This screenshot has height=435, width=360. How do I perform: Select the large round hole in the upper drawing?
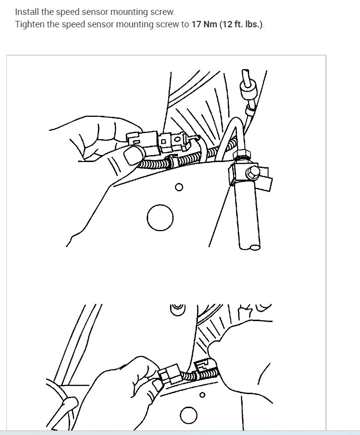pyautogui.click(x=160, y=218)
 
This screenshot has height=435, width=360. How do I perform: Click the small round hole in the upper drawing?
pyautogui.click(x=179, y=187)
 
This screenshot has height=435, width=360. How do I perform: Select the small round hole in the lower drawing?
pyautogui.click(x=201, y=395)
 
